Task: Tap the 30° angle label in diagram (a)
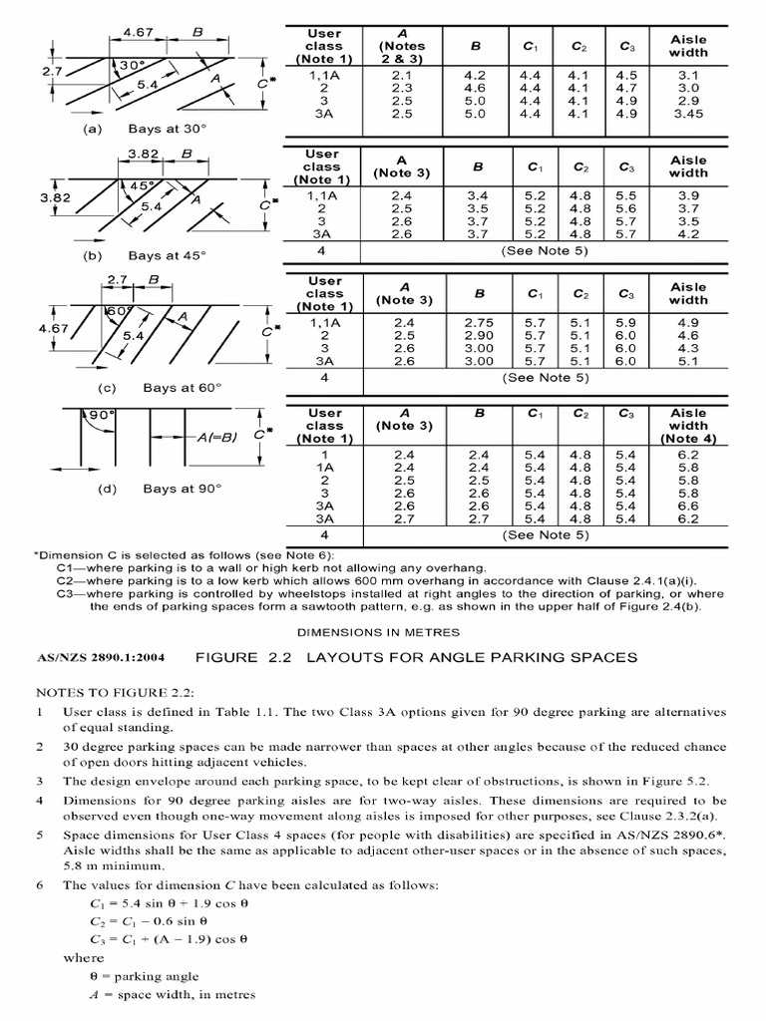click(x=133, y=66)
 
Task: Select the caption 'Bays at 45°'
click(x=167, y=255)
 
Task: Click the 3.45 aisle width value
click(x=688, y=114)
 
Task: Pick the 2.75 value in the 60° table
click(x=479, y=323)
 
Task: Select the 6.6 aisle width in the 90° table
click(x=688, y=506)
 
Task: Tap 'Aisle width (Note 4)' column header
click(x=688, y=426)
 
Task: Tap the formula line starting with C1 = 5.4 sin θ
click(x=166, y=903)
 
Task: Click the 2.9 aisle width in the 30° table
click(x=688, y=101)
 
